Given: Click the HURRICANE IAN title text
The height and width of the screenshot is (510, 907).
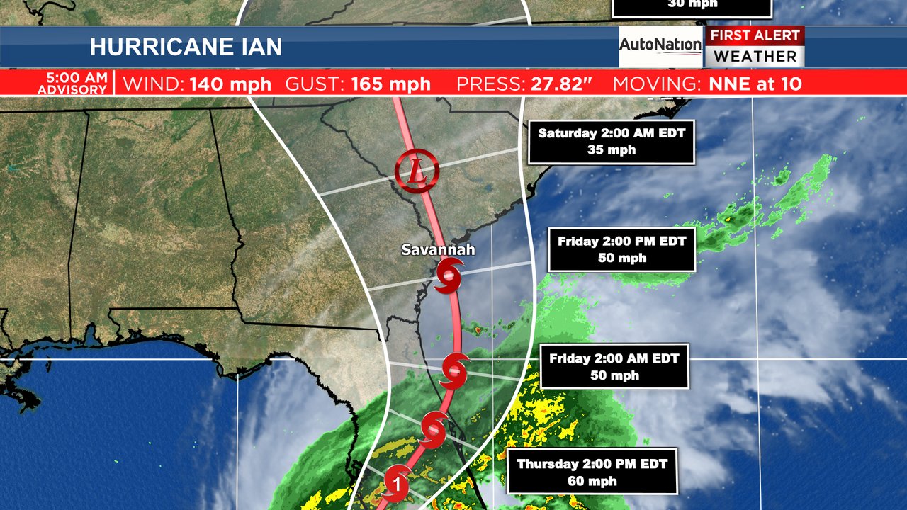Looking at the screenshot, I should click(186, 47).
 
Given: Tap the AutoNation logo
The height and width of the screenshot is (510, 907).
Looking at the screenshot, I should click(660, 45).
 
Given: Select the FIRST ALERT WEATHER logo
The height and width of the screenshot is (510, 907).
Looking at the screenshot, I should click(754, 47).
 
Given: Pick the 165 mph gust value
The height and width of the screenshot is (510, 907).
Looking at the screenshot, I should click(390, 84).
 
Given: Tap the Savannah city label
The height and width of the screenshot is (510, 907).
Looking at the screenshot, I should click(438, 250).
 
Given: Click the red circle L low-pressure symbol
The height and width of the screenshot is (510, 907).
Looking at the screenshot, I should click(417, 171).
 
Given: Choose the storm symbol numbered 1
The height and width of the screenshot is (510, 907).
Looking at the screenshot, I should click(397, 483).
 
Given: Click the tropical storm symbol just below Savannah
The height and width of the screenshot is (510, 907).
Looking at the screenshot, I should click(449, 275).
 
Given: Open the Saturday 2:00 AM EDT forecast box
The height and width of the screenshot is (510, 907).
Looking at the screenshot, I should click(611, 142).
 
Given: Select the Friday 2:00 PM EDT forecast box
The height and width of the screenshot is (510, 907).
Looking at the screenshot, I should click(621, 249).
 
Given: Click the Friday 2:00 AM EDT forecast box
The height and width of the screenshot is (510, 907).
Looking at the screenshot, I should click(614, 367).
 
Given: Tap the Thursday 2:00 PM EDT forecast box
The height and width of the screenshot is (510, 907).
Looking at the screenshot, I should click(592, 472).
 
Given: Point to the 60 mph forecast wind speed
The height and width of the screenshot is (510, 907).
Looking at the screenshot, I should click(592, 482).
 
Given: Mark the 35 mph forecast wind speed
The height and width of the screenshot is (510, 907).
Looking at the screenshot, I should click(611, 150).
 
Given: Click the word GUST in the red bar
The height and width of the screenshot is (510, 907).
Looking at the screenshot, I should click(315, 84).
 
